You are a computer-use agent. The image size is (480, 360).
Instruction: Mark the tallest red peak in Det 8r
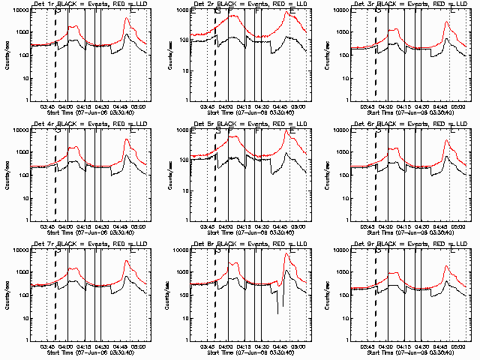(x=287, y=255)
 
